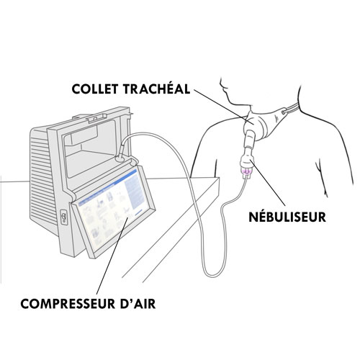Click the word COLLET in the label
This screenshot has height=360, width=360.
[x=95, y=89]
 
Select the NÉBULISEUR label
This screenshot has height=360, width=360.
[x=287, y=217]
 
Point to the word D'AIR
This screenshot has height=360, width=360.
[x=138, y=304]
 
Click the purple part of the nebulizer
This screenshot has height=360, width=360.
[x=247, y=171]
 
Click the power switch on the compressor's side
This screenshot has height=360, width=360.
[x=63, y=217]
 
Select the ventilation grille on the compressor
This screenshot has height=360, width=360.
[x=41, y=178]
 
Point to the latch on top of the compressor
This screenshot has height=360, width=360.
[x=97, y=118]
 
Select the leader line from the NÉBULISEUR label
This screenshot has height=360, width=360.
[x=267, y=182]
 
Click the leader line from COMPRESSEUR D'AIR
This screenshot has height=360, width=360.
[x=112, y=255]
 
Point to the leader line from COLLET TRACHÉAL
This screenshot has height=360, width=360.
[x=223, y=106]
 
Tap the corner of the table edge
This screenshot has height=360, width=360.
[x=219, y=178]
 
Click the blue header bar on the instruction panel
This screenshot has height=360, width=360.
[x=108, y=185]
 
